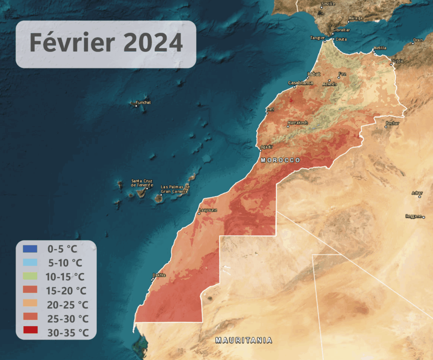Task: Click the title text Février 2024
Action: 106,43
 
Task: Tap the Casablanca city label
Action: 300,83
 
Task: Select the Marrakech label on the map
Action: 297,123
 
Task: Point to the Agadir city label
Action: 267,146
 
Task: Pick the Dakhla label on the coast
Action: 159,275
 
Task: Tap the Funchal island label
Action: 143,102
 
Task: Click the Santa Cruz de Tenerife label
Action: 142,183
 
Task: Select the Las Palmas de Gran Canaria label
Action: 175,189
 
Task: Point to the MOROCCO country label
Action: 280,160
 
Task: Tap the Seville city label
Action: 328,4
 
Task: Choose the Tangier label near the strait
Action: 317,37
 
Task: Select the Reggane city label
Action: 414,216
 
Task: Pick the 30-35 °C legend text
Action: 68,333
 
